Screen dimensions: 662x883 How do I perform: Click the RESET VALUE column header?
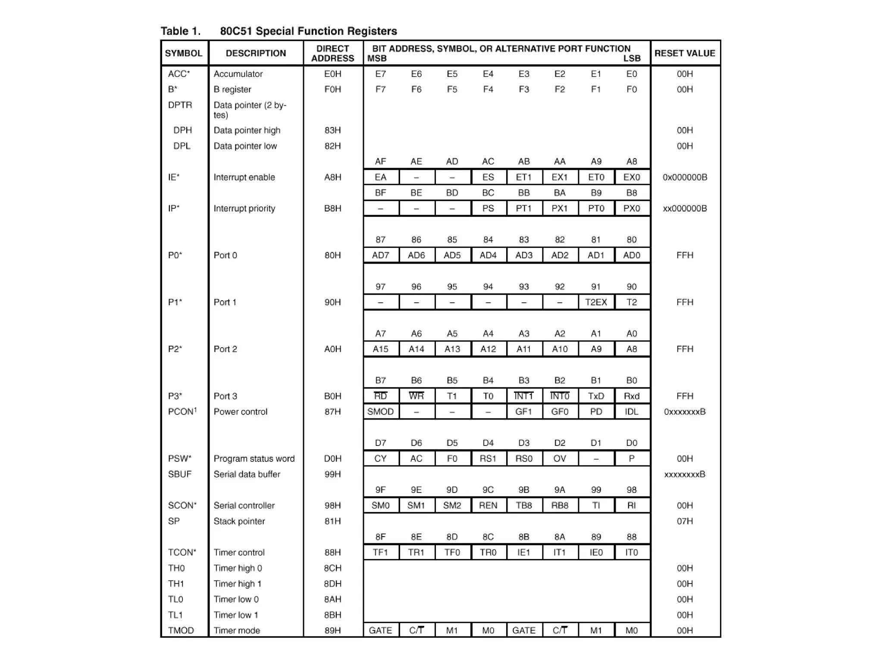coord(685,53)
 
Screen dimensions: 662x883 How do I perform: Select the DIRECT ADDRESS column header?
coord(332,53)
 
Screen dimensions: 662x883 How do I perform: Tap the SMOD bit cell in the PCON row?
coord(380,411)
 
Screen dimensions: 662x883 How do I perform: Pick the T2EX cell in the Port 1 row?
coord(596,302)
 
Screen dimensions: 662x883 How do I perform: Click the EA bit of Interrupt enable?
coord(380,177)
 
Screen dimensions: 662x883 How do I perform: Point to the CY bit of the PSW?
coord(380,458)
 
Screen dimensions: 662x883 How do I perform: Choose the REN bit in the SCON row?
coord(488,505)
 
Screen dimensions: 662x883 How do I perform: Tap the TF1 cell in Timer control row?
coord(380,552)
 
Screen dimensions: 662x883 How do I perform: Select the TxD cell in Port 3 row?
coord(596,396)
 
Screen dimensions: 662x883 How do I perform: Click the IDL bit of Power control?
coord(632,411)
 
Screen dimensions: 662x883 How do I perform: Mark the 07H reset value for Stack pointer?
coord(685,521)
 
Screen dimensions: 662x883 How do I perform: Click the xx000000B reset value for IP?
coord(685,208)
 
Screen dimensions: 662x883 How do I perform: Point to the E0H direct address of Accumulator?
coord(332,74)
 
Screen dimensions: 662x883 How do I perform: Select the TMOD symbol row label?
coord(181,631)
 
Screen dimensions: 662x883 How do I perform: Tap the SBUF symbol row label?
coord(180,474)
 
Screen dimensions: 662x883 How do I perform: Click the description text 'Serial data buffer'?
coord(247,474)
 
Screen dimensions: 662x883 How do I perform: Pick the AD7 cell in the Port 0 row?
coord(380,255)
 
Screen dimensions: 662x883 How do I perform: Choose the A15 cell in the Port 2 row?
coord(380,349)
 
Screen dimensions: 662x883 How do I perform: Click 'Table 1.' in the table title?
coord(181,31)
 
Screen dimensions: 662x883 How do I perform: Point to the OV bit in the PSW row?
coord(560,458)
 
